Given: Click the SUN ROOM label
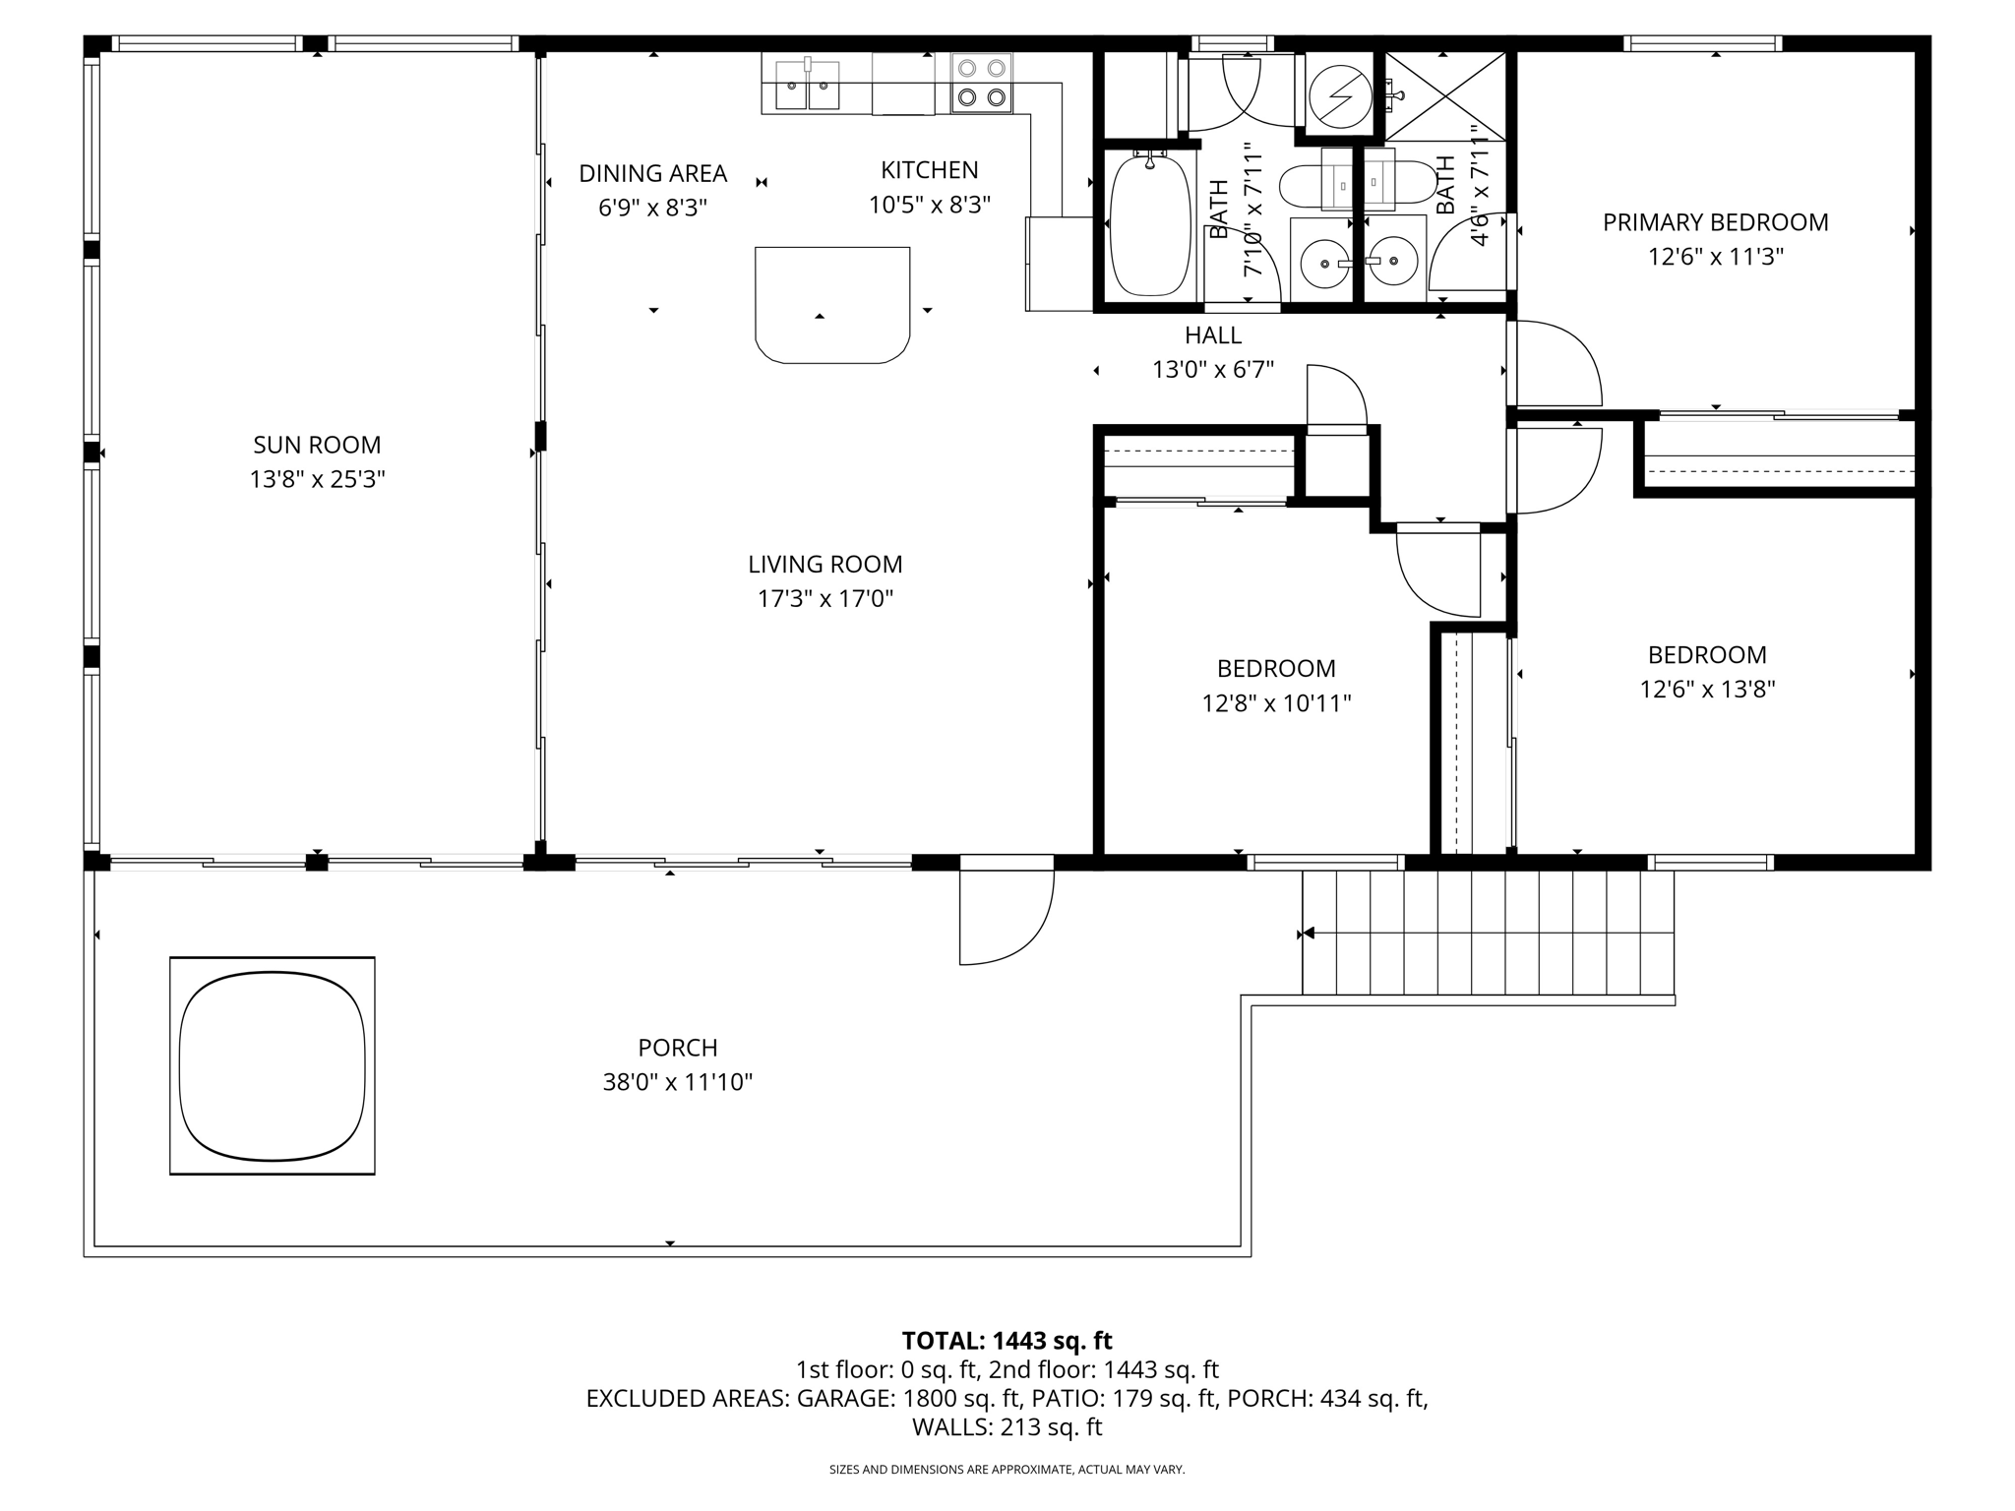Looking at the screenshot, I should [317, 446].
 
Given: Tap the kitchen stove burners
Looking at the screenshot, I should [982, 83].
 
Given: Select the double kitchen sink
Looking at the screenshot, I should [807, 86].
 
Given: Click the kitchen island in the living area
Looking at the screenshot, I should [831, 304].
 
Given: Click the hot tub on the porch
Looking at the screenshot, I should [272, 1064].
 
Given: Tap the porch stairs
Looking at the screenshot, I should [1487, 932].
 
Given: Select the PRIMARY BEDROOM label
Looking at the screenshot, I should [1715, 223].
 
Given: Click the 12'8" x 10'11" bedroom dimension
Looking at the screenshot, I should [1276, 704].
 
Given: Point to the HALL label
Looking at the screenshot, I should [1212, 335].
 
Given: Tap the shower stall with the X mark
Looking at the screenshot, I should [1445, 95].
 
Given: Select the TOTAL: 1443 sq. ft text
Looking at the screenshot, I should [1007, 1341].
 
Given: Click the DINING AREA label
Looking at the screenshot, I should [652, 174].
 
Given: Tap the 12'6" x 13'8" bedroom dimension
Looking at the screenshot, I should [1707, 690].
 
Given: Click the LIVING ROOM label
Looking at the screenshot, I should [824, 565].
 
